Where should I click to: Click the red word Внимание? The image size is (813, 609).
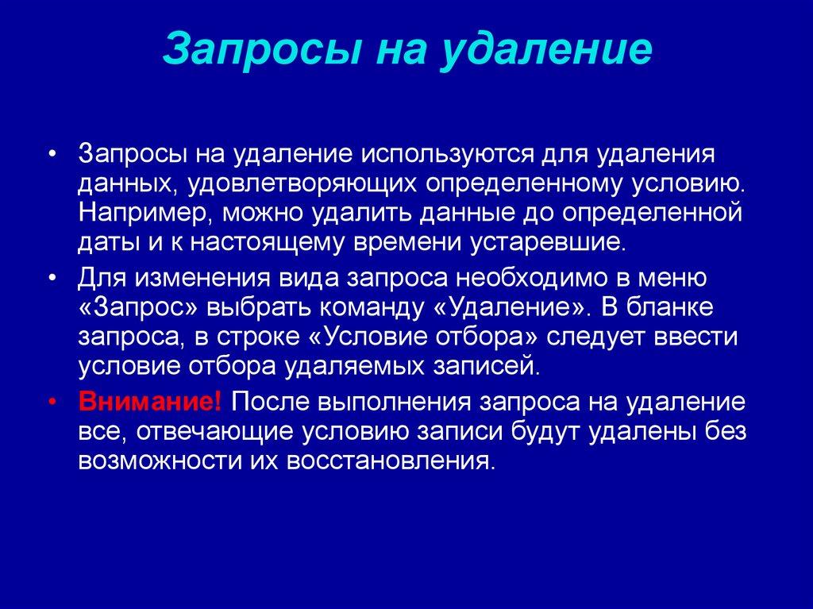pyautogui.click(x=150, y=403)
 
